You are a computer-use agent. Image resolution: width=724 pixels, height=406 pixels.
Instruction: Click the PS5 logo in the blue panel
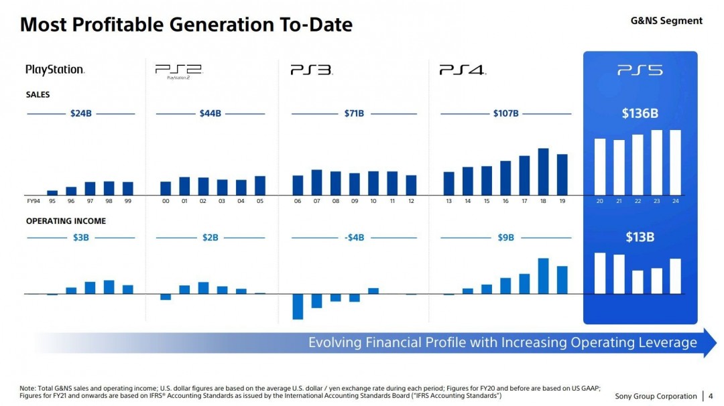coord(640,70)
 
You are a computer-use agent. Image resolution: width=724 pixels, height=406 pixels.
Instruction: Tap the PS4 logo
coord(463,70)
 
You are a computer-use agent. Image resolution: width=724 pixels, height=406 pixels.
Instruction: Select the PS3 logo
coord(311,70)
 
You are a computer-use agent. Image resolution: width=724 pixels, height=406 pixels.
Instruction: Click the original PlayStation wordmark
coord(55,70)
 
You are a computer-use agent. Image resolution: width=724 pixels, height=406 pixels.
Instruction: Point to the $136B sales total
coord(640,113)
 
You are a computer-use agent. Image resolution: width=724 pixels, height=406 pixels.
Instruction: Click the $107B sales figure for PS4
coord(505,114)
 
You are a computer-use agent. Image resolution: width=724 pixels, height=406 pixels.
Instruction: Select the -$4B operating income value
coord(353,237)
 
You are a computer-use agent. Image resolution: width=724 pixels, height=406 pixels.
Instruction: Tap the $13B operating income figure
coord(640,237)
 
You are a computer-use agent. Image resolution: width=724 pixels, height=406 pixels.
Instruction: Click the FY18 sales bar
coord(543,171)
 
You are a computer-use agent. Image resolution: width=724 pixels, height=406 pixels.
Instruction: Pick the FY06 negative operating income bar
coord(298,306)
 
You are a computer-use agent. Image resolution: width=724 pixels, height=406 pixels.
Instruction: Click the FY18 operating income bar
coord(543,276)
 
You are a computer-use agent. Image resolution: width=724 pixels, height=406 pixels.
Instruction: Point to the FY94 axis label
coord(33,201)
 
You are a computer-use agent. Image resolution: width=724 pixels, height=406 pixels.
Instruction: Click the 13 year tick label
coord(448,201)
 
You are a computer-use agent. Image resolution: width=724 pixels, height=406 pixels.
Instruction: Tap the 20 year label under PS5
coord(600,201)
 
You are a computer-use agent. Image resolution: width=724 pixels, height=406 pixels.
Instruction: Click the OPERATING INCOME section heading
coord(66,221)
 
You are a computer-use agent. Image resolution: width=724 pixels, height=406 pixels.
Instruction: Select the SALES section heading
coord(38,95)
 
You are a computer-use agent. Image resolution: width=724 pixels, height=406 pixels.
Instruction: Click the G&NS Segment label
coord(666,21)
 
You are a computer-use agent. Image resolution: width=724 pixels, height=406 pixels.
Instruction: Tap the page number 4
coord(711,397)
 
